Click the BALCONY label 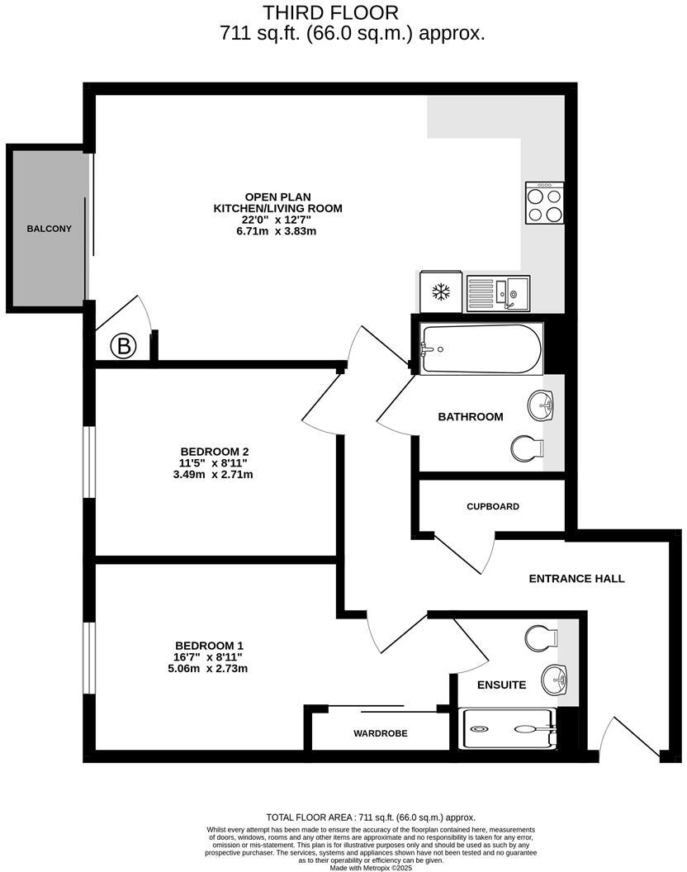click(x=49, y=229)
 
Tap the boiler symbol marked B click(x=124, y=347)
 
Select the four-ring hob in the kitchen click(x=545, y=203)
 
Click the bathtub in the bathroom click(x=481, y=348)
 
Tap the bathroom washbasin click(x=542, y=404)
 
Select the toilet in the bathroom click(x=528, y=448)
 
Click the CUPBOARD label click(x=493, y=506)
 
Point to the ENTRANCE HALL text click(x=576, y=579)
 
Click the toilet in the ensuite click(x=541, y=637)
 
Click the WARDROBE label click(x=381, y=733)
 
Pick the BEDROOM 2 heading click(x=215, y=451)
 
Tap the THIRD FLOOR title click(x=330, y=12)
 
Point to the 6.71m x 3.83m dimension click(x=277, y=231)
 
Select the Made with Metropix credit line click(x=371, y=868)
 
